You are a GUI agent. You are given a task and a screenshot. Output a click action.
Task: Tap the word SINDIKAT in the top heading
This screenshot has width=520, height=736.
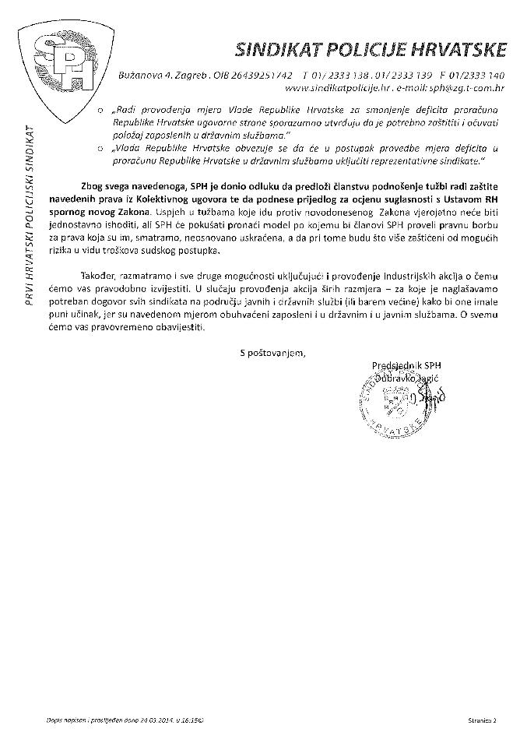[271, 51]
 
